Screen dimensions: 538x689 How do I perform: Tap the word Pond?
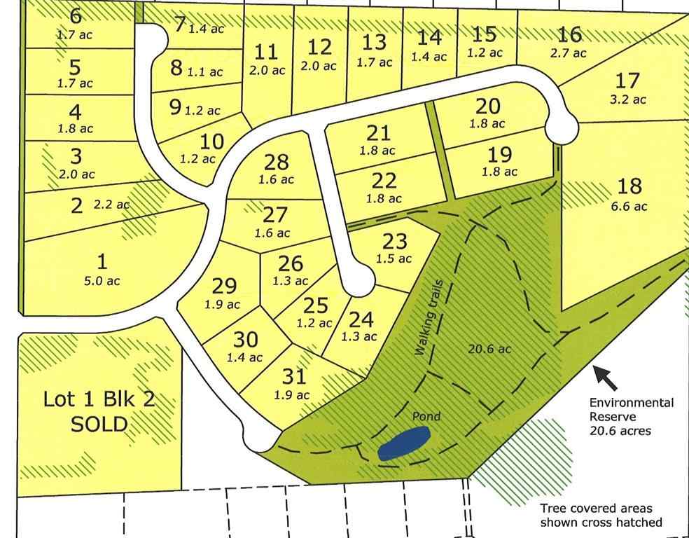click(x=426, y=417)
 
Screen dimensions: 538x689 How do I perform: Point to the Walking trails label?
click(x=431, y=325)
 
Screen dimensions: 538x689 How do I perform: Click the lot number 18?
click(x=630, y=186)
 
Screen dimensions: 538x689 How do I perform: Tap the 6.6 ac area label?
click(x=631, y=206)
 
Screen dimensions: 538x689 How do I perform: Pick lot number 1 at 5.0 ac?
click(x=102, y=262)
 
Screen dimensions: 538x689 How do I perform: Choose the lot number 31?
click(x=294, y=377)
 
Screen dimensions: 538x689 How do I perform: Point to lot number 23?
click(x=394, y=241)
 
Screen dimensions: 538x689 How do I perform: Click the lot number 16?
click(x=571, y=34)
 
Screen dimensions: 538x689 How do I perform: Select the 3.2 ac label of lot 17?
click(x=628, y=99)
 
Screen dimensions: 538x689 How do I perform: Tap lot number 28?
click(x=276, y=162)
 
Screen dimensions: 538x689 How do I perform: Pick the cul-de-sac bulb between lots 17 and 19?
click(x=562, y=129)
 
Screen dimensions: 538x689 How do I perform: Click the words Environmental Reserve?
click(x=631, y=410)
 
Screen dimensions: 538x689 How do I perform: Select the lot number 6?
click(x=76, y=15)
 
